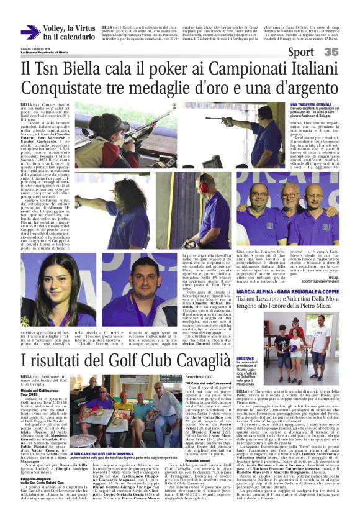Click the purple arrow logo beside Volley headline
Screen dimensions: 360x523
pyautogui.click(x=30, y=32)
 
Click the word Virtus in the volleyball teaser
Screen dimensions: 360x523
pyautogui.click(x=85, y=28)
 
